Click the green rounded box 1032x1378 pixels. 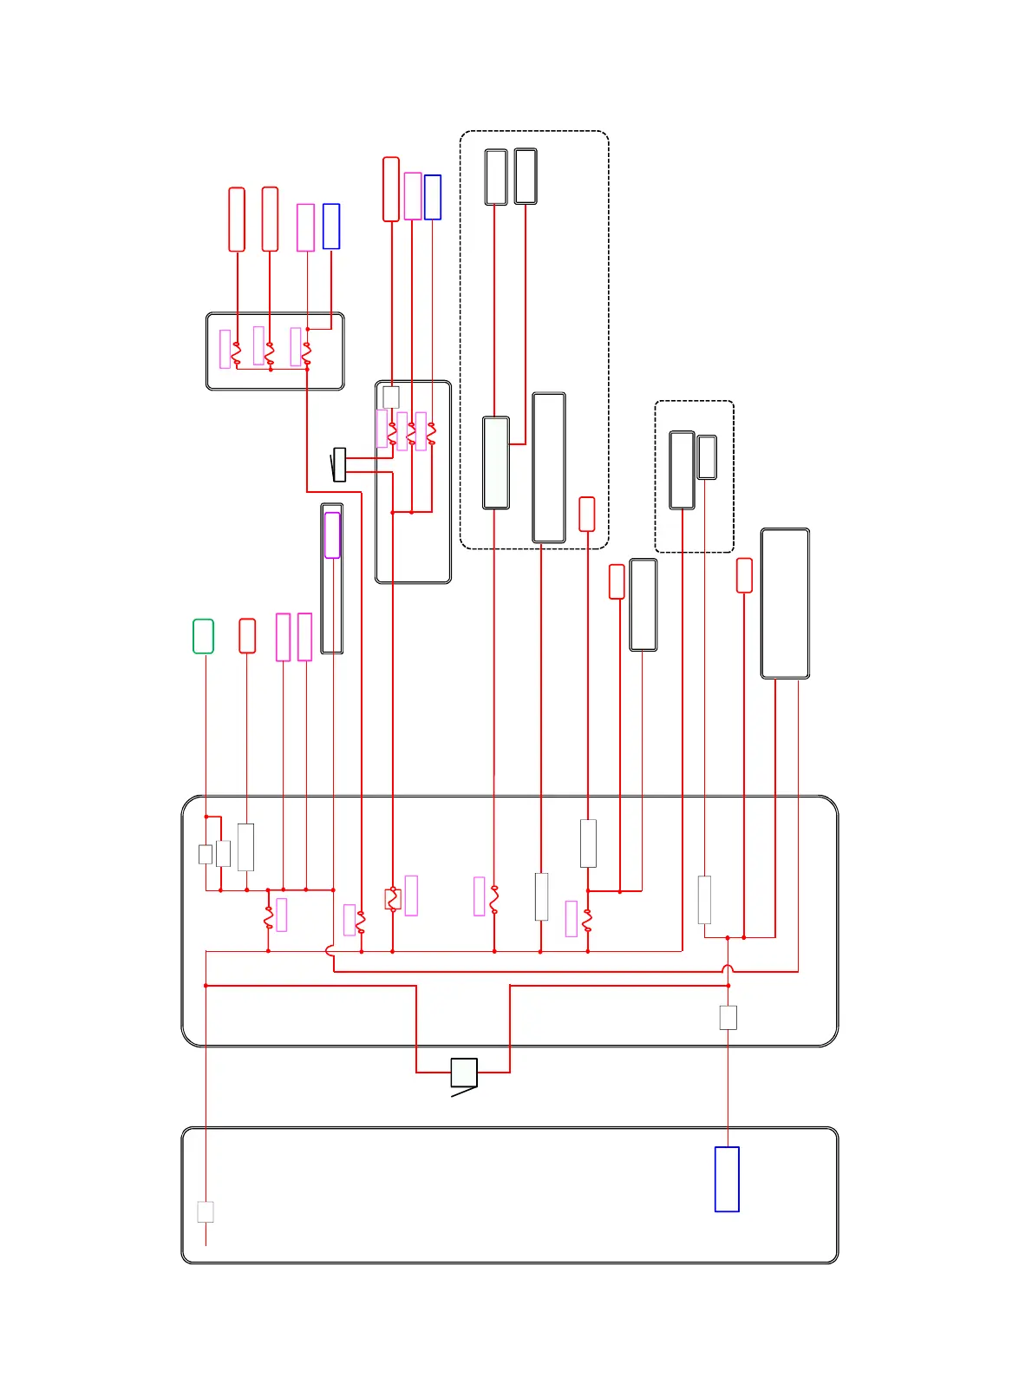203,636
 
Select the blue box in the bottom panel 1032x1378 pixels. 727,1178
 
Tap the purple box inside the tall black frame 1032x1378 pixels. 332,535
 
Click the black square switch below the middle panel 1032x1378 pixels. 464,1073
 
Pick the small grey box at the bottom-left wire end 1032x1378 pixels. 206,1211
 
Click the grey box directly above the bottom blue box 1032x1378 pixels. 728,1017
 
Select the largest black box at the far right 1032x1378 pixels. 785,603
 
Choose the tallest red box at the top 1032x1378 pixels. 391,189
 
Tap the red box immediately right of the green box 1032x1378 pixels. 247,636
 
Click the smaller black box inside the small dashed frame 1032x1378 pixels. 707,457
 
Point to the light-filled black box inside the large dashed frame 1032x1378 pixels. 496,463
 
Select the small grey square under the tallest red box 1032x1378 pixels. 391,397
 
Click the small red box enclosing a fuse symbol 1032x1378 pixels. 393,899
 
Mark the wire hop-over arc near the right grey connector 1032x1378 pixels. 728,968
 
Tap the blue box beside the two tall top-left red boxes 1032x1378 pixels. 331,226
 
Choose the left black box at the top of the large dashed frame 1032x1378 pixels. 496,177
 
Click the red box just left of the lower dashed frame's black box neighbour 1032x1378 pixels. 617,581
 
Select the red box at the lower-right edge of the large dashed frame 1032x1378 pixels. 587,514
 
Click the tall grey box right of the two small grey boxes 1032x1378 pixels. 246,847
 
